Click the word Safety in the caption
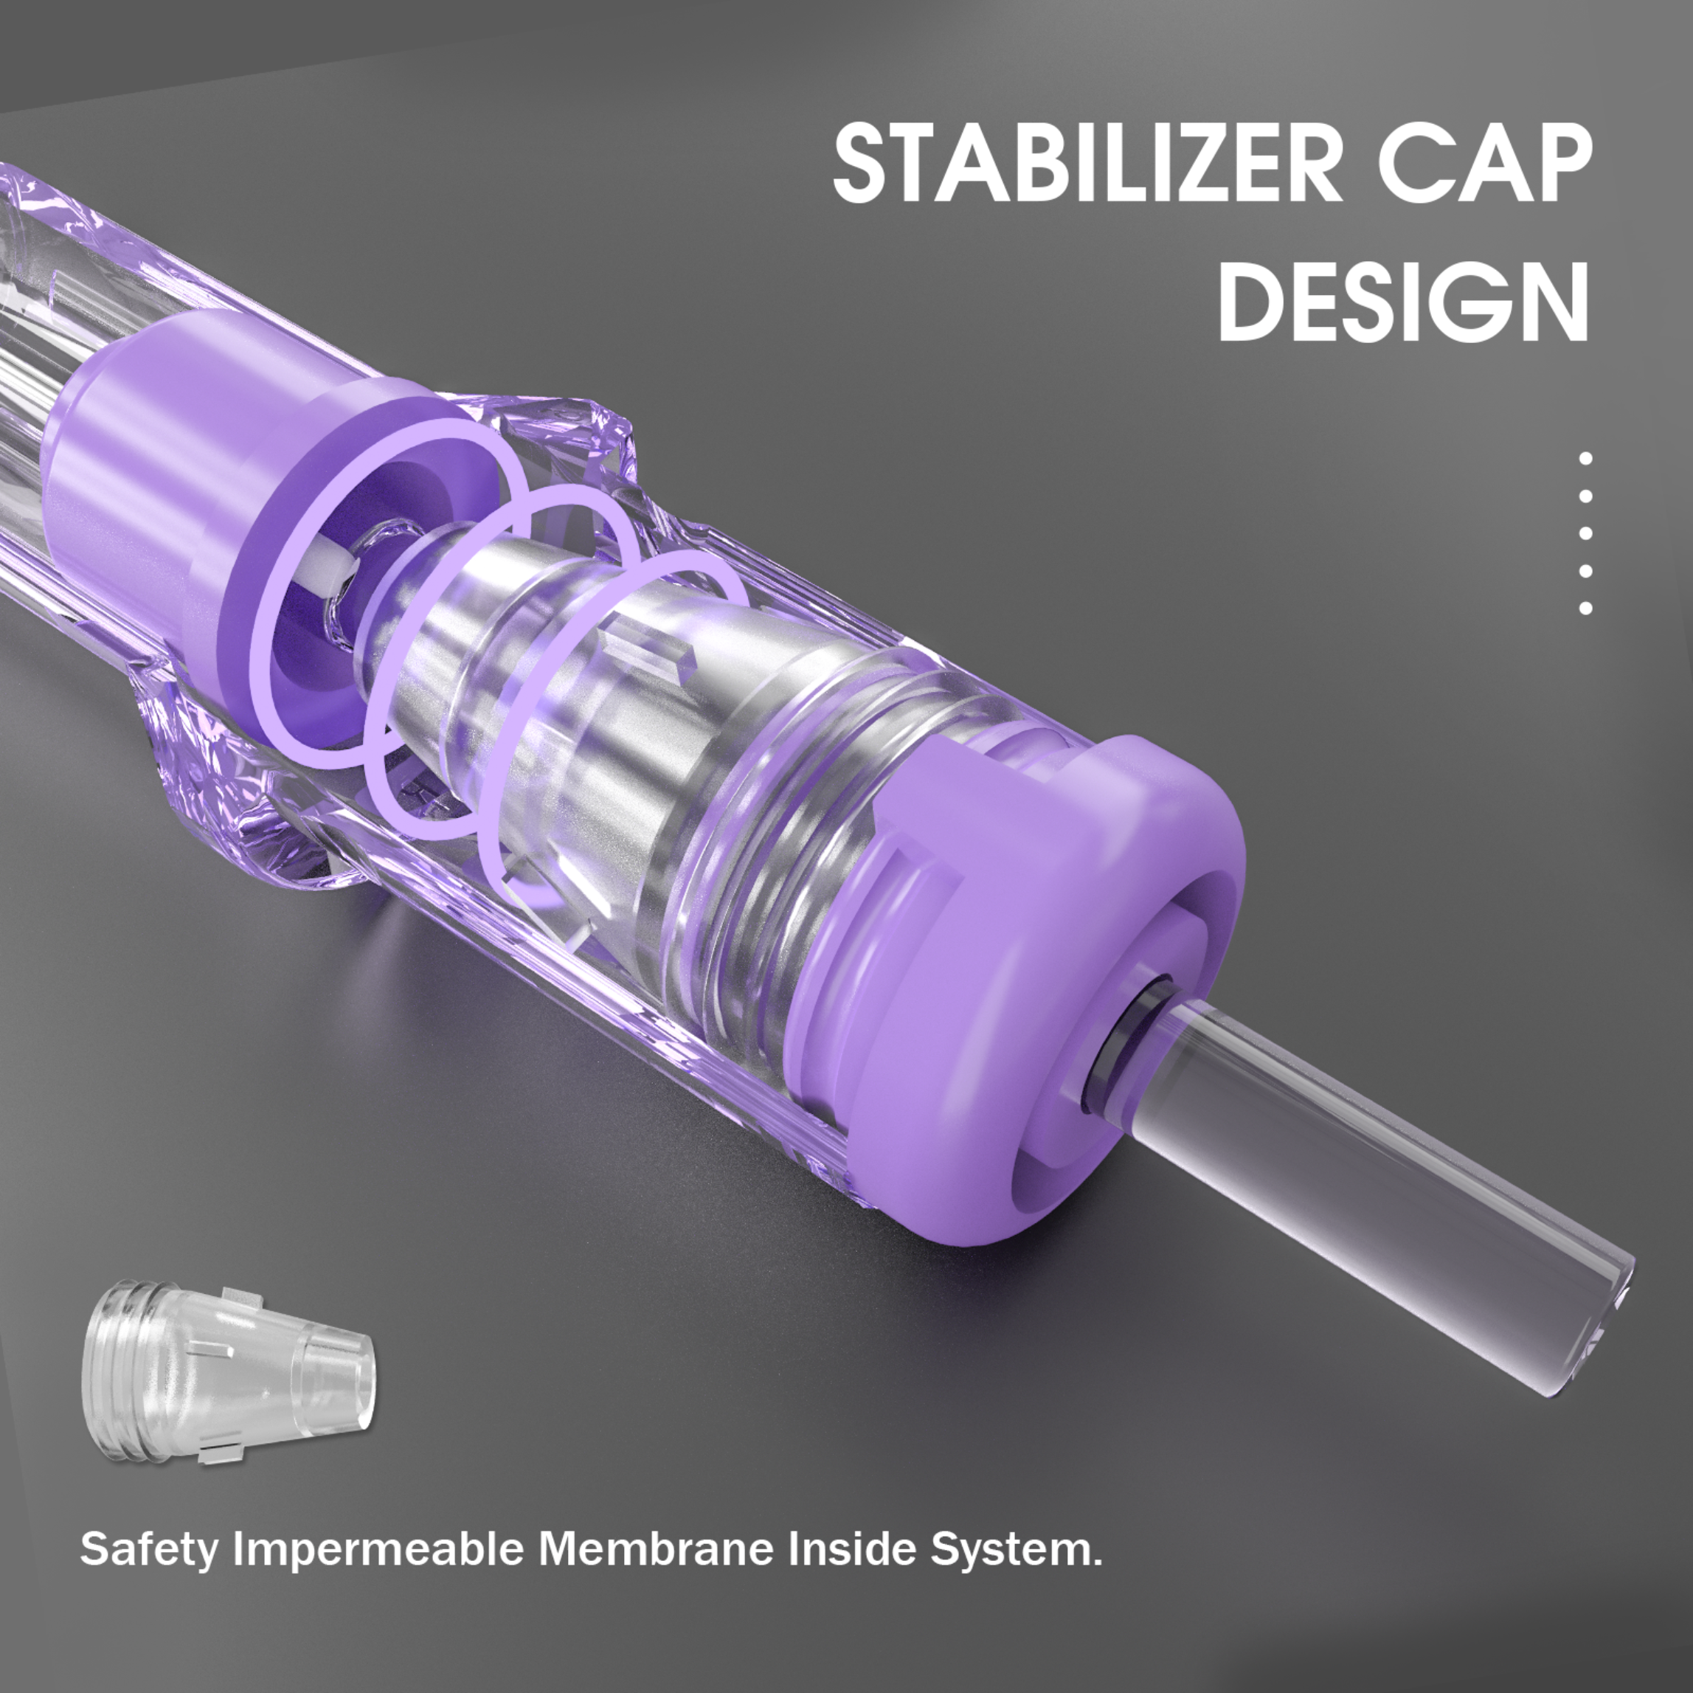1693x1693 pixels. point(148,1550)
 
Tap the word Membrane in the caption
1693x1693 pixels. point(657,1550)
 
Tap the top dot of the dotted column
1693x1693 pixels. point(1585,457)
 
